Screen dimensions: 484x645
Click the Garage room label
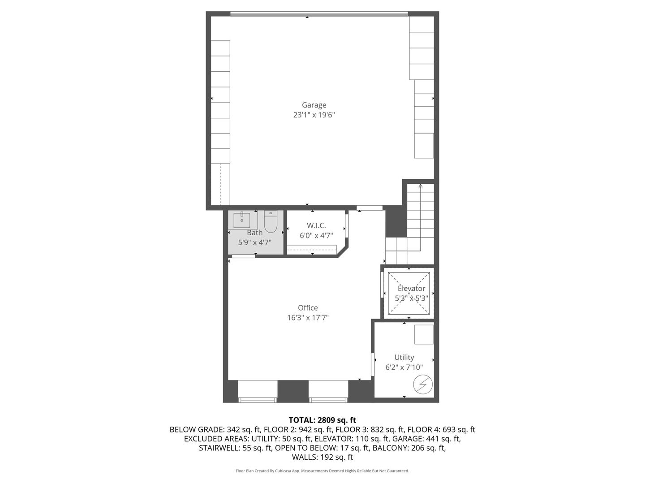[x=314, y=105]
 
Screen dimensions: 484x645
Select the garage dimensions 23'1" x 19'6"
[x=314, y=115]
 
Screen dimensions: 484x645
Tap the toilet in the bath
[x=271, y=222]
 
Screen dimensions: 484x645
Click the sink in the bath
[x=242, y=220]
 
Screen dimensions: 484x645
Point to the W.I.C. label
[x=316, y=225]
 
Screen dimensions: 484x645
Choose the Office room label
[x=308, y=308]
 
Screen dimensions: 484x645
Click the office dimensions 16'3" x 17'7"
[x=308, y=318]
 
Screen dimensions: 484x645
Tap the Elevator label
[x=411, y=289]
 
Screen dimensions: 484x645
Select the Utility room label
[x=404, y=357]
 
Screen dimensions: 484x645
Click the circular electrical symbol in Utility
[x=422, y=385]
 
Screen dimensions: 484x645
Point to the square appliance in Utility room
[x=423, y=334]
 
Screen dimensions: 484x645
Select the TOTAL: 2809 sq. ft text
[x=322, y=420]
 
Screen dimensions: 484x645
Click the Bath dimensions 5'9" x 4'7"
[x=254, y=242]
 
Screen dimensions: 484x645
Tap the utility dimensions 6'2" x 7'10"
[x=404, y=367]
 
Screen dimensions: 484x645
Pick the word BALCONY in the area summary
[x=391, y=448]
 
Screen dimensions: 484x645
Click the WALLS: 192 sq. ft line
[x=322, y=457]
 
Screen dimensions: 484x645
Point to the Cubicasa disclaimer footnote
[x=322, y=471]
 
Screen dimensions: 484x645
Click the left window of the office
[x=257, y=391]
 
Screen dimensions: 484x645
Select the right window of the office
[x=328, y=391]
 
